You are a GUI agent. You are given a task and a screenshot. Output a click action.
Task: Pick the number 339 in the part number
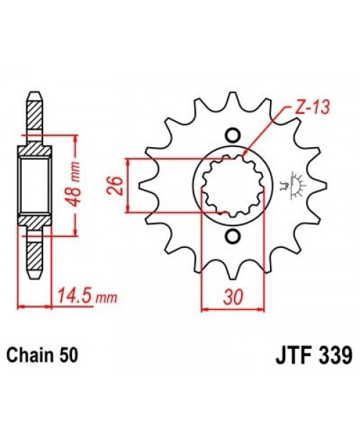click(x=333, y=355)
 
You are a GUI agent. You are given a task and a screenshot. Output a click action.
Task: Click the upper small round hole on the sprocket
click(x=233, y=134)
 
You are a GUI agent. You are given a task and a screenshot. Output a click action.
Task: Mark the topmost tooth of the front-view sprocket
click(x=233, y=101)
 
